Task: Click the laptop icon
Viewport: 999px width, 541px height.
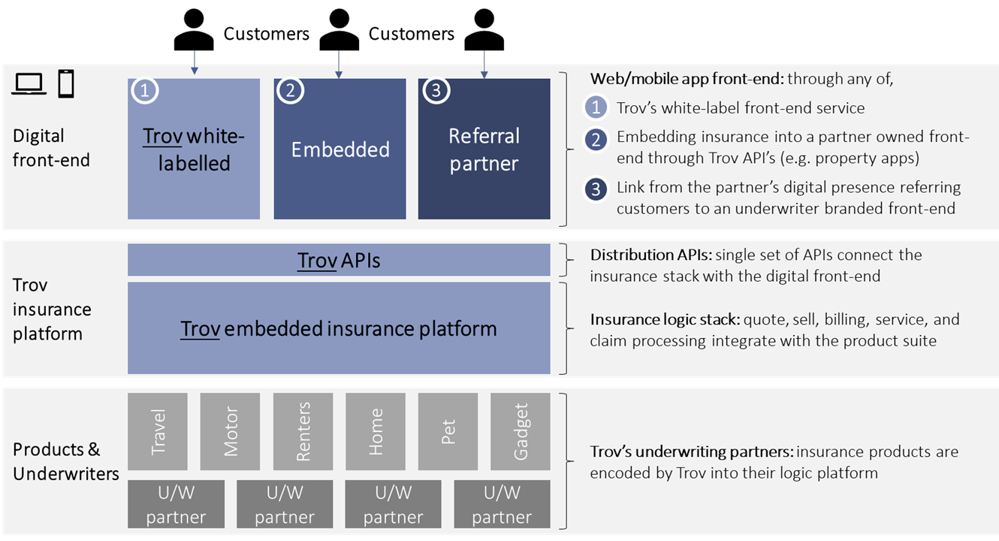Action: (29, 84)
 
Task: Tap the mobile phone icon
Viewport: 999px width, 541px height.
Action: (66, 83)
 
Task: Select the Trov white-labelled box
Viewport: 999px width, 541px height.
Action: (194, 149)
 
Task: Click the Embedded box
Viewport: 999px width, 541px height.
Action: (340, 149)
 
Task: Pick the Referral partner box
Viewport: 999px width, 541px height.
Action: (484, 149)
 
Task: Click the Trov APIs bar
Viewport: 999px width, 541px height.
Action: (339, 259)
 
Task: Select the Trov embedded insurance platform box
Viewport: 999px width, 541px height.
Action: (339, 328)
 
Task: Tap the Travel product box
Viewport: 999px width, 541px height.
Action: (158, 431)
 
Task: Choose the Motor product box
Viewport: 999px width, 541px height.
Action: (230, 431)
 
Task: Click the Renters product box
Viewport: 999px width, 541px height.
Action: (303, 431)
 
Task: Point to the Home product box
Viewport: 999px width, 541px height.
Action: (376, 431)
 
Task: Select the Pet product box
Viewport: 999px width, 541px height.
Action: (448, 431)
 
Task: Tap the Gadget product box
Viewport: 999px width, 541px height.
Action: (521, 431)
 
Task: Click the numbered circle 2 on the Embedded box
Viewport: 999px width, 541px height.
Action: (290, 90)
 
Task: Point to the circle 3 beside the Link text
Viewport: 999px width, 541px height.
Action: (596, 189)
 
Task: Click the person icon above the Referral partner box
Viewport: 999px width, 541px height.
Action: (484, 30)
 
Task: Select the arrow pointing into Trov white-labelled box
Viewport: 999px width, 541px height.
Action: (194, 62)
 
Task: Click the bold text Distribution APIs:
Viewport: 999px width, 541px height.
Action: (651, 255)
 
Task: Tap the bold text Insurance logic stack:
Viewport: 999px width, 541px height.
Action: (665, 319)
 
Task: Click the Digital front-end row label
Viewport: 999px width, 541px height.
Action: (51, 147)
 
